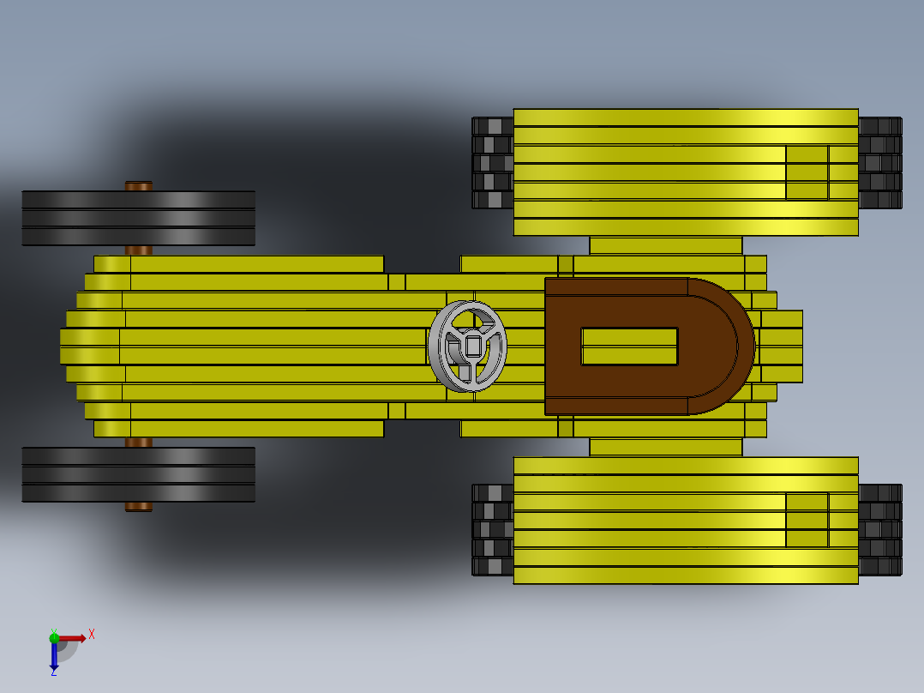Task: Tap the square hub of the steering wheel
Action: [473, 346]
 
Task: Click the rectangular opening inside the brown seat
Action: [629, 346]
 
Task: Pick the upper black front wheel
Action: [138, 218]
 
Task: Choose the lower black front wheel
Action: [138, 474]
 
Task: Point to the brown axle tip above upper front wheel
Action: [139, 185]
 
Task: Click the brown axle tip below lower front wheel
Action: [139, 507]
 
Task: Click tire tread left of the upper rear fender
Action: [493, 163]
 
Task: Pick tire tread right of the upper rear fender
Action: [879, 163]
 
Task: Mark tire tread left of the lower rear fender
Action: [493, 529]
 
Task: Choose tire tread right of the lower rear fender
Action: [879, 529]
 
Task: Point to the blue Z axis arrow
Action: [54, 656]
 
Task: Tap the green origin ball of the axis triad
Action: [54, 637]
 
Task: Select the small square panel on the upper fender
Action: [807, 172]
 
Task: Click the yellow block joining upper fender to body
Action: [665, 245]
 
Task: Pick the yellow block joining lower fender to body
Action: [665, 447]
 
